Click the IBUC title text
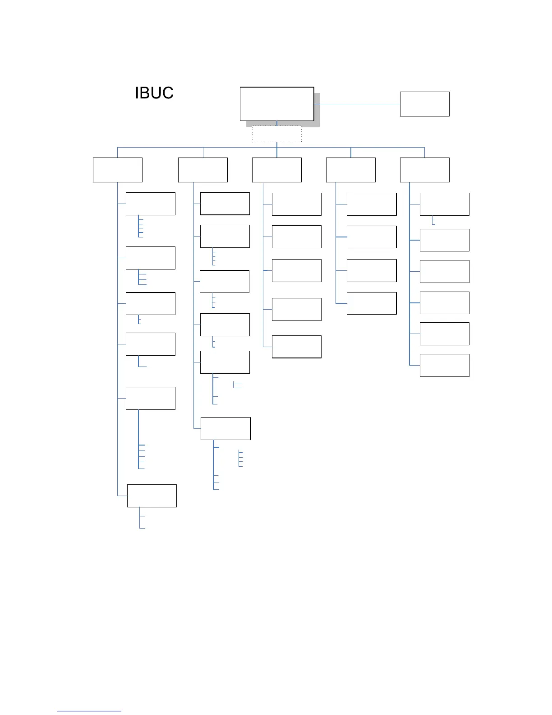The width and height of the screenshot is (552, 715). (x=154, y=93)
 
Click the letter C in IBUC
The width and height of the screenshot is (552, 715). (x=167, y=93)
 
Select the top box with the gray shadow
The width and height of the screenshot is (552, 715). (x=277, y=104)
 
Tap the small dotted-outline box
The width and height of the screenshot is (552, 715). (x=276, y=134)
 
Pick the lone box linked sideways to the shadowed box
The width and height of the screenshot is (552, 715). (x=424, y=104)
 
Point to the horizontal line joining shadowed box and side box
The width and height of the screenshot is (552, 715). (x=357, y=104)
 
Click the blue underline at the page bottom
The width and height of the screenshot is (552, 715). (x=89, y=711)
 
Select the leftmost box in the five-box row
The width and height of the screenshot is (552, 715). (x=117, y=170)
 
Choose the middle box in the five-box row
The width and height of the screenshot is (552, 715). (x=276, y=170)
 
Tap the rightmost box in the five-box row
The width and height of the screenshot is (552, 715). (x=424, y=170)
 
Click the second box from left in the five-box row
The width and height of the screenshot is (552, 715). (x=202, y=170)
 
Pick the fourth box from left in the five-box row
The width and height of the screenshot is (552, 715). (x=350, y=170)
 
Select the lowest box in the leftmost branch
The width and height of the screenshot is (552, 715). (x=152, y=496)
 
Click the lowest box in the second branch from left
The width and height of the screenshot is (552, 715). (x=225, y=428)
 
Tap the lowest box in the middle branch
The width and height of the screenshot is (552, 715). (x=296, y=347)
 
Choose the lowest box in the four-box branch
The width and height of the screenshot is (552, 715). (x=371, y=303)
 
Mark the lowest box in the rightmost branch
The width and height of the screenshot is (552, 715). (x=444, y=365)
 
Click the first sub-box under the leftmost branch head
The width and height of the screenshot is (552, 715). (x=150, y=204)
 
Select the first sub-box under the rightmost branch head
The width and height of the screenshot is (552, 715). (x=444, y=204)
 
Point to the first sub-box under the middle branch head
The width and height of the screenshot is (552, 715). (x=296, y=204)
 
